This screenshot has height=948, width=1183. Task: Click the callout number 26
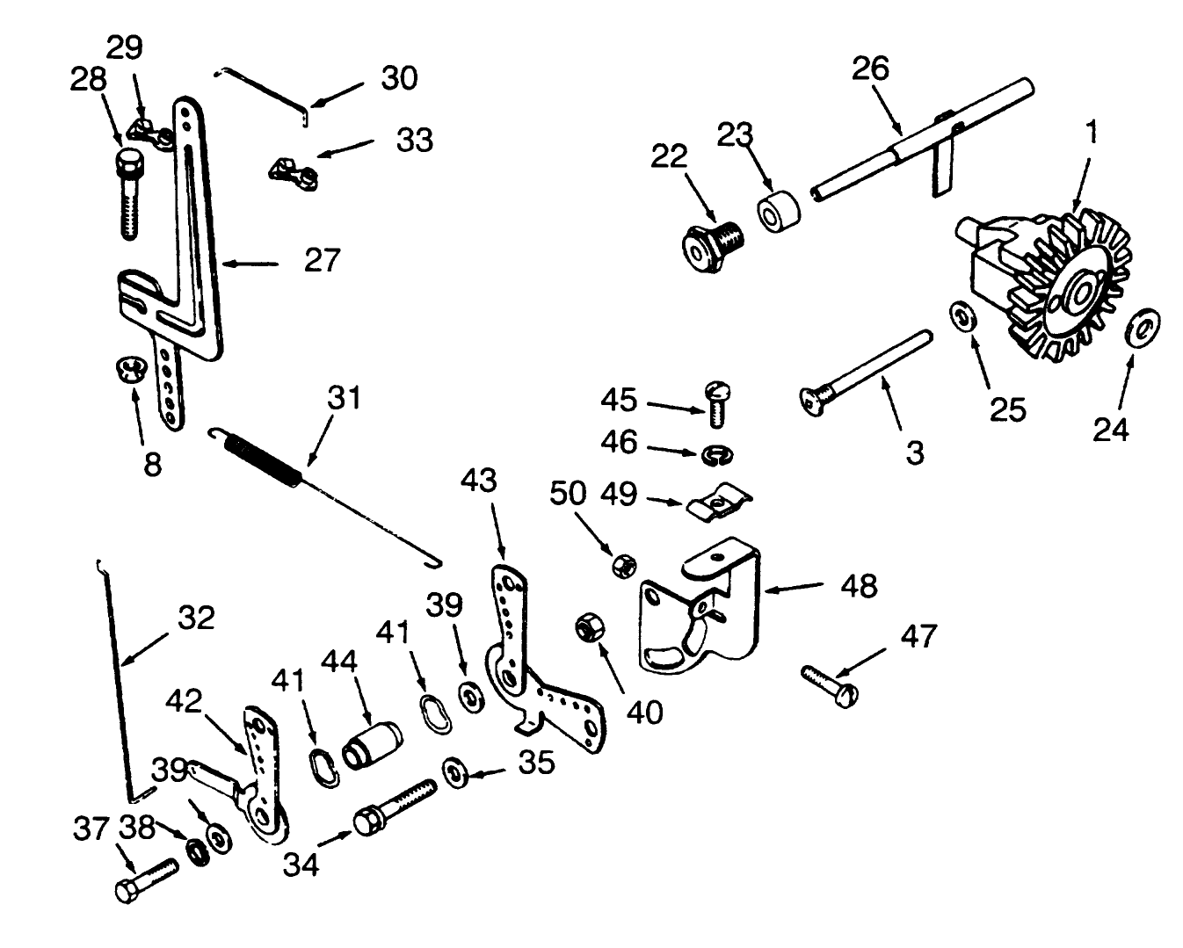pyautogui.click(x=870, y=69)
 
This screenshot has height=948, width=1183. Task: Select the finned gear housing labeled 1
pyautogui.click(x=1046, y=281)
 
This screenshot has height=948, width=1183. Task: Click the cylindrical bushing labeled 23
pyautogui.click(x=778, y=212)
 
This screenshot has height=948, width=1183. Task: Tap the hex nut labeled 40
pyautogui.click(x=586, y=629)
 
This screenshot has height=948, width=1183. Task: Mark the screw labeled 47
pyautogui.click(x=831, y=685)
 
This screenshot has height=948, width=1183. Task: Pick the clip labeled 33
pyautogui.click(x=293, y=171)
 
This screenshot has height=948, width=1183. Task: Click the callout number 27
pyautogui.click(x=321, y=261)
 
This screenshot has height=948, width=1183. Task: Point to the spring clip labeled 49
pyautogui.click(x=716, y=503)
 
